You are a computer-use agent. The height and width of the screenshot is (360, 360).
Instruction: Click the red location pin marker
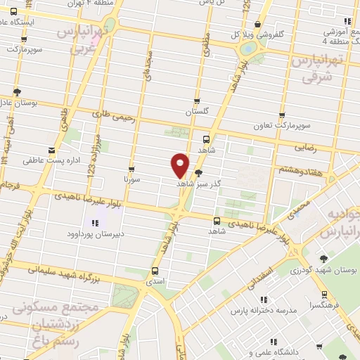[x=180, y=165]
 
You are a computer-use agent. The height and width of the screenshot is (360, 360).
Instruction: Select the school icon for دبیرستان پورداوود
[x=94, y=224]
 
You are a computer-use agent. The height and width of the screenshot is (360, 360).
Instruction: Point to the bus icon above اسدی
[x=155, y=271]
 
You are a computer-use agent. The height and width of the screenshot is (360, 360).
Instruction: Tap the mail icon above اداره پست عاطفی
[x=51, y=150]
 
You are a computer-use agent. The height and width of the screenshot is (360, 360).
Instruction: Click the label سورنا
[x=133, y=179]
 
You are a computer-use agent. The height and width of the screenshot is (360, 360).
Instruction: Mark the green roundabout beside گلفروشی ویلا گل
[x=248, y=49]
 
